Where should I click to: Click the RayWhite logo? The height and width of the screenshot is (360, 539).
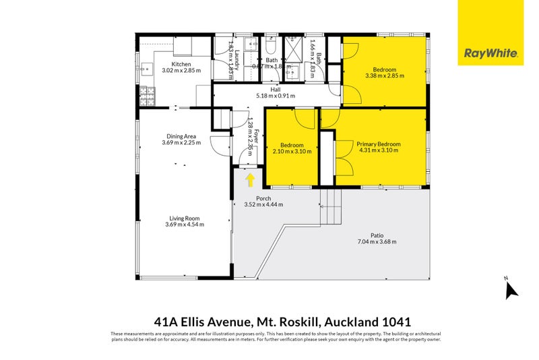490,53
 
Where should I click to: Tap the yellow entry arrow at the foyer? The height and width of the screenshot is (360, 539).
250,179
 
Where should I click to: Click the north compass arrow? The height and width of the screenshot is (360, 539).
511,289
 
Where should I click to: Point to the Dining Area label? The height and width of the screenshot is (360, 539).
181,136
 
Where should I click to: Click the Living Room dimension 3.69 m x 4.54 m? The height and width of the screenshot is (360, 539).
184,224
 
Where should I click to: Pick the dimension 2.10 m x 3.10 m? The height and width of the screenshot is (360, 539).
291,151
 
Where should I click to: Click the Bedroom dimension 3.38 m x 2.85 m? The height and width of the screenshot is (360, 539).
384,76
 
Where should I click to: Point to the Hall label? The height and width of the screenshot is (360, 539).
276,89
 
